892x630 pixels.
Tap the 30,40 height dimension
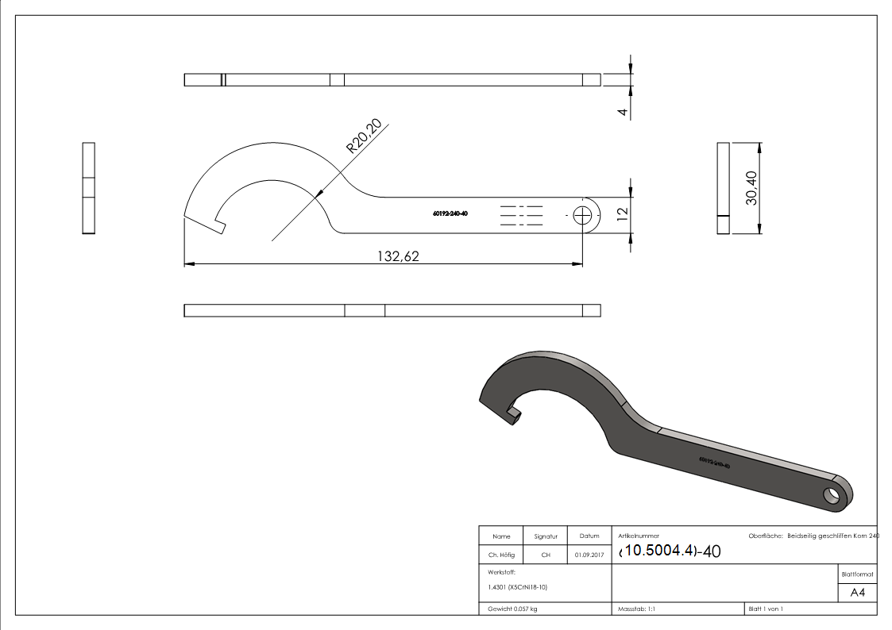pos(751,189)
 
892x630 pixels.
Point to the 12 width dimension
pos(623,213)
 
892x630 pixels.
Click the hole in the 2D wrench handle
pos(584,214)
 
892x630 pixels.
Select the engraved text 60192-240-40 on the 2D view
pos(450,213)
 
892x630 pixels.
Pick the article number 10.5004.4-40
pos(669,551)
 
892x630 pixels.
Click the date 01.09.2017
pos(589,555)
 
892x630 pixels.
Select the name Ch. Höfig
pos(501,555)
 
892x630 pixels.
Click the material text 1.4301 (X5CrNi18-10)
pos(518,587)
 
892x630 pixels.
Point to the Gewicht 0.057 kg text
pos(513,609)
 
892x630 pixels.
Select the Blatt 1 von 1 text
pos(766,609)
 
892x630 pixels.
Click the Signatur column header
pos(546,536)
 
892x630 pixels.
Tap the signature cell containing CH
pos(546,555)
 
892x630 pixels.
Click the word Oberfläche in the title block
pos(766,536)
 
